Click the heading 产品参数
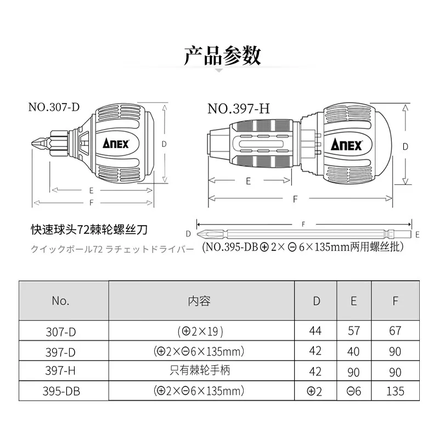coord(222,56)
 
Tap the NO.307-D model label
coord(54,107)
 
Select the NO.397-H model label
coord(239,109)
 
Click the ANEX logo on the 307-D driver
coord(116,143)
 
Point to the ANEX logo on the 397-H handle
coord(346,145)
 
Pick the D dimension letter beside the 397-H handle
coord(405,147)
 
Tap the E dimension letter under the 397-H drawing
coord(249,181)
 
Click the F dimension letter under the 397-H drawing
coord(295,199)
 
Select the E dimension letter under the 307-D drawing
coord(91,190)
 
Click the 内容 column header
coord(199,301)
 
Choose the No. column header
coord(60,301)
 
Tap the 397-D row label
coord(60,352)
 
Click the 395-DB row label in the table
coord(61,391)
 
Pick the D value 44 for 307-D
coord(315,331)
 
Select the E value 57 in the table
coord(353,331)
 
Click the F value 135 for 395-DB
coord(395,391)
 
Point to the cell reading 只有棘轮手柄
coord(200,370)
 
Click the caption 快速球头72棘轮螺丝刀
coord(89,229)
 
